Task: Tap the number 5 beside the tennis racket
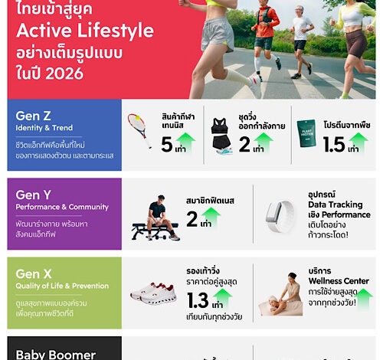(167, 145)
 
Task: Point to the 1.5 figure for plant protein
(334, 145)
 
